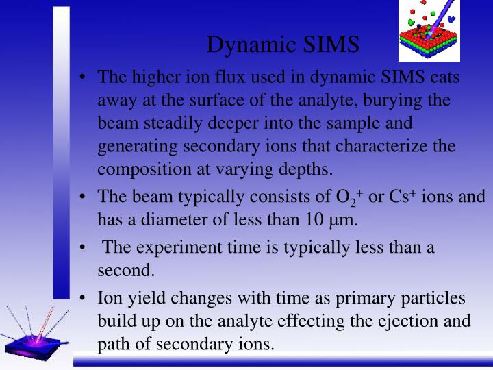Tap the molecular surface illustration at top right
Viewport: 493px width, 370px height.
429,30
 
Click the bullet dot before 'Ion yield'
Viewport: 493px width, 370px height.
82,299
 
